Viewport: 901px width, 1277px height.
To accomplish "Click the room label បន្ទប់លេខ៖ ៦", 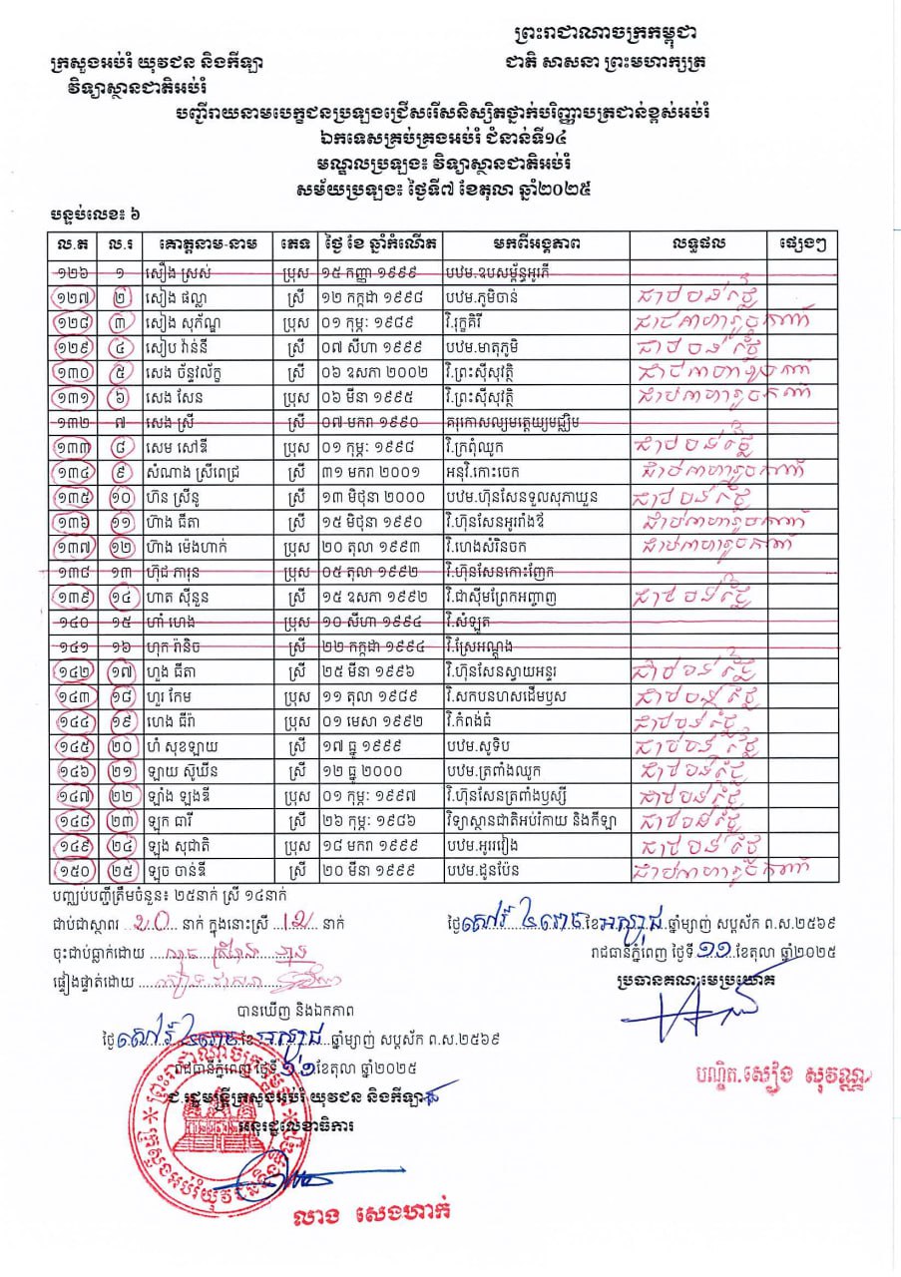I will coord(96,216).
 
